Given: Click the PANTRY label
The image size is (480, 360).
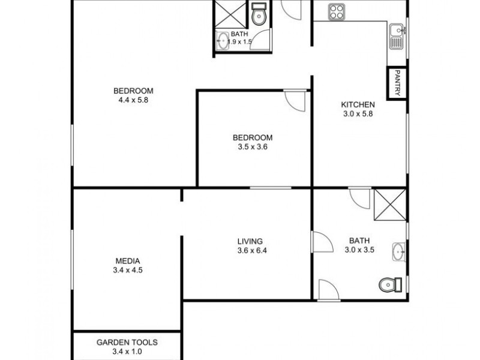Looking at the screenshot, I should [397, 83].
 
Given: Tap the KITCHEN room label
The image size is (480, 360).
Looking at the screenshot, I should [358, 104].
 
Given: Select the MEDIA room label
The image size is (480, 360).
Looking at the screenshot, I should [128, 261].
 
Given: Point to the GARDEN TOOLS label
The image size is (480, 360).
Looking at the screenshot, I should [127, 343].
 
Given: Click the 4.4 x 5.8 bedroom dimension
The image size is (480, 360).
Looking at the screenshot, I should [133, 100].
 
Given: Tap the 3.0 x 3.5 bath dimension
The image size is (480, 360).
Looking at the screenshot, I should [361, 251].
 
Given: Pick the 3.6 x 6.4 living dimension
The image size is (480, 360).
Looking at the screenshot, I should [251, 251].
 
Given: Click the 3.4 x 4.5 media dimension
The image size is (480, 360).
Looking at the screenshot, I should [128, 271].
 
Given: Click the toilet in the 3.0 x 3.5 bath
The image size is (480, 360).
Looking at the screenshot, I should [390, 284].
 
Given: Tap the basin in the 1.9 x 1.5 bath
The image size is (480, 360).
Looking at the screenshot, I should [223, 41].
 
